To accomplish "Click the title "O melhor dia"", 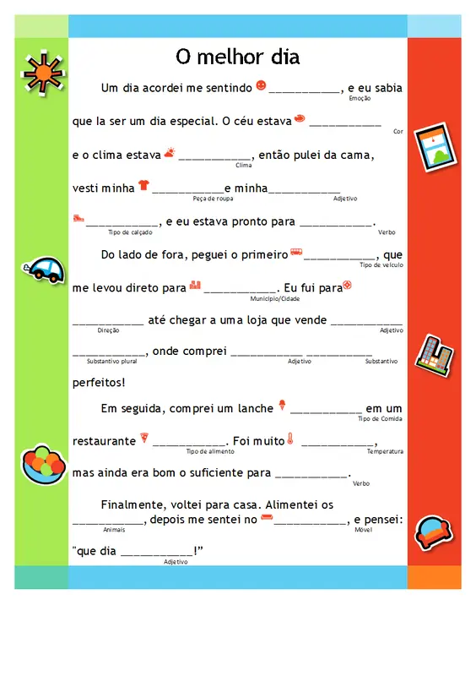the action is click(x=237, y=57).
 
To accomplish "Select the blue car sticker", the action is click(x=45, y=270).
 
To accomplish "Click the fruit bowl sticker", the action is click(x=42, y=463).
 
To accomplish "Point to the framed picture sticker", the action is click(x=433, y=150).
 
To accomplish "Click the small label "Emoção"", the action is click(x=360, y=99).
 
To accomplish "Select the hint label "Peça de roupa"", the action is click(x=213, y=199).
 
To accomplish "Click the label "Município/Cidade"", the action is click(x=275, y=298).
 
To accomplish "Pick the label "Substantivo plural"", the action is click(x=111, y=361).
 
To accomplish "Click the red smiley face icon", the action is click(x=261, y=85).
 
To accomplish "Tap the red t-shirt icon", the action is click(x=143, y=185).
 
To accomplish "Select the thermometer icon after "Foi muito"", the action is click(x=289, y=439).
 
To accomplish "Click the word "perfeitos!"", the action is click(x=99, y=383).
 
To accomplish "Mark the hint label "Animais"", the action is click(x=113, y=529).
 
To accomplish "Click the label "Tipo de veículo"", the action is click(x=381, y=264).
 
